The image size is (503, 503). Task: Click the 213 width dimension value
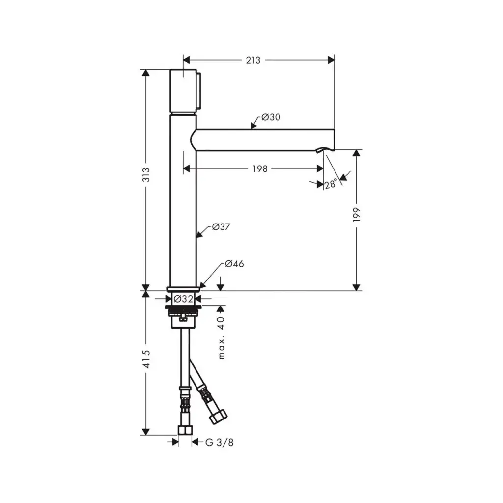[253, 60]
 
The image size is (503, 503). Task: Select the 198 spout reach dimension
[260, 169]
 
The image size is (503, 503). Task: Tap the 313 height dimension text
[146, 175]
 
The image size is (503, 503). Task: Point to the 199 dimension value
[357, 215]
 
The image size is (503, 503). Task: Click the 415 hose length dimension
[146, 359]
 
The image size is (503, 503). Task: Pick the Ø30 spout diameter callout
[271, 117]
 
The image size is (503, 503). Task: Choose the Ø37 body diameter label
[221, 227]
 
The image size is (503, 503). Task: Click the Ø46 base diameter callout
[234, 264]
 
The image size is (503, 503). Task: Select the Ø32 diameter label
[183, 299]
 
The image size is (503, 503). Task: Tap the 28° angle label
[331, 184]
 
